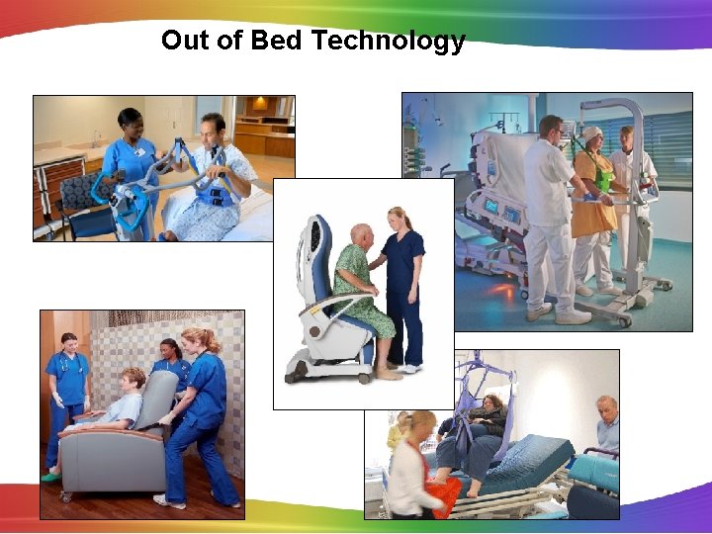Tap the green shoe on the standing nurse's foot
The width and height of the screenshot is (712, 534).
pyautogui.click(x=50, y=477)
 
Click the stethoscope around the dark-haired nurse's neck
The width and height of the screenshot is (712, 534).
pyautogui.click(x=69, y=359)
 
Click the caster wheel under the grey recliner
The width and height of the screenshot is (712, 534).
pyautogui.click(x=66, y=494)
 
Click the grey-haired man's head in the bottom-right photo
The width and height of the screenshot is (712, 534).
pyautogui.click(x=605, y=407)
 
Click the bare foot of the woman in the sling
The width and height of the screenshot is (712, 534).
pyautogui.click(x=474, y=491)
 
